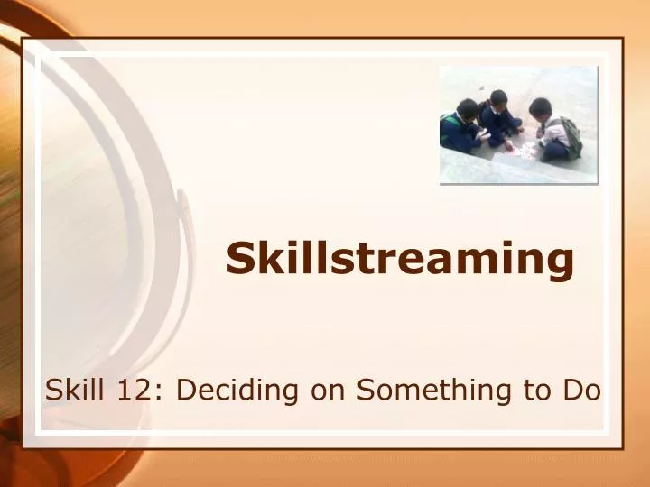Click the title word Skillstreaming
tap(399, 259)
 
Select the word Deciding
tap(237, 391)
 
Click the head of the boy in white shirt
tap(541, 107)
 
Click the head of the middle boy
tap(498, 97)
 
